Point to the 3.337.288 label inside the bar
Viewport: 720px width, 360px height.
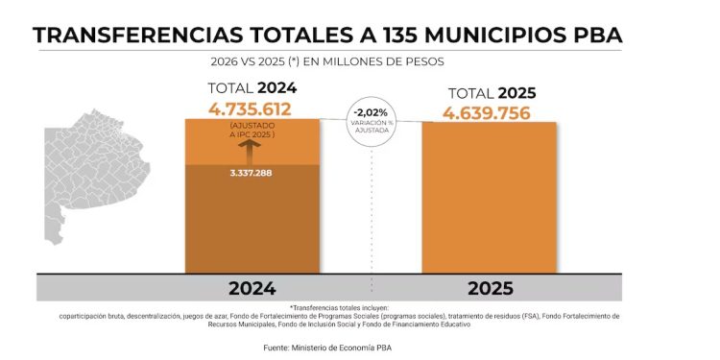point(252,174)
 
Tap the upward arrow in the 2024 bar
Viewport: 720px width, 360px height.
point(252,151)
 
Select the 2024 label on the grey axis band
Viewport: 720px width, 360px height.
point(252,288)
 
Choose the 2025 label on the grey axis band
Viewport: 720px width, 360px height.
point(489,288)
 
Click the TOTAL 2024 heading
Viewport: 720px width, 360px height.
point(252,89)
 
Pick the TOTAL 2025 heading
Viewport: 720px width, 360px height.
point(491,94)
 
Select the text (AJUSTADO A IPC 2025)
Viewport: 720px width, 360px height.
point(252,131)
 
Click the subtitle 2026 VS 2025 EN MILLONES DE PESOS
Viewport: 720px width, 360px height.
point(331,61)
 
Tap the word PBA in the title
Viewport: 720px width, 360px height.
point(592,36)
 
